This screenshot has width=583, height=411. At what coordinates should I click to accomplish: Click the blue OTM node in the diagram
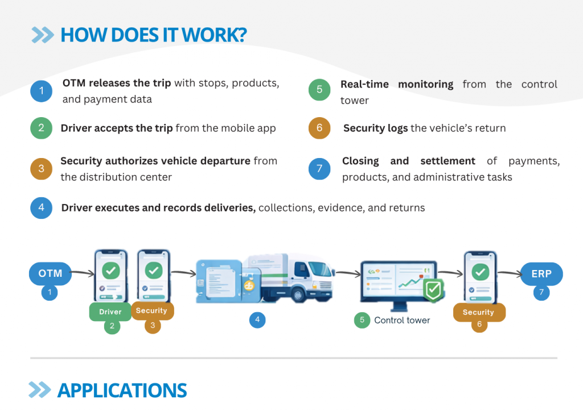pos(50,274)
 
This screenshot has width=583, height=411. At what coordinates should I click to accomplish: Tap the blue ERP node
pos(541,274)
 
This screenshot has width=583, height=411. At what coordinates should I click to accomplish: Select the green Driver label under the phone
pos(110,312)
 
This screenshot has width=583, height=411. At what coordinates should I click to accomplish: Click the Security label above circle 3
pos(151,310)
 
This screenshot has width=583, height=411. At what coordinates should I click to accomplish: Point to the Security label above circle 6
pos(478,312)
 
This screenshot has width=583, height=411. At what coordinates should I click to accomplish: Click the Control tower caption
pos(402,320)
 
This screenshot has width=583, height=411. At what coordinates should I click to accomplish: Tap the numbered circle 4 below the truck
pos(257,320)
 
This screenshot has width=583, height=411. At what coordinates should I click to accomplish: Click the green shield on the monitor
pos(433,291)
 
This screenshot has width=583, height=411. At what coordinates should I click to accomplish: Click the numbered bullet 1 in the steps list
pos(41,91)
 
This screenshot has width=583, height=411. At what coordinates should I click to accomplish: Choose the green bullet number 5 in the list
pos(319,90)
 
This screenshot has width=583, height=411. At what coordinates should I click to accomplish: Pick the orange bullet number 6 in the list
pos(319,128)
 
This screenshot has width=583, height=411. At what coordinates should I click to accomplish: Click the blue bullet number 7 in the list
pos(319,169)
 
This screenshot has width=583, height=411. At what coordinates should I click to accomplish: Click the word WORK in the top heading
pos(216,35)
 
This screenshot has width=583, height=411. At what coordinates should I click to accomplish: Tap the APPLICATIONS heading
pos(122,391)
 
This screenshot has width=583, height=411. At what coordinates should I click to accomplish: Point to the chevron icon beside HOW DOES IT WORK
pos(43,35)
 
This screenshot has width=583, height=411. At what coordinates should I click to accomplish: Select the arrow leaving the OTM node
pos(83,274)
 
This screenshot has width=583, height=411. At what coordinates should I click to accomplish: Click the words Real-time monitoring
pos(397,84)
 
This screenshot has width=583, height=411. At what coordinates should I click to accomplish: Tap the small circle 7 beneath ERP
pos(541,293)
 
